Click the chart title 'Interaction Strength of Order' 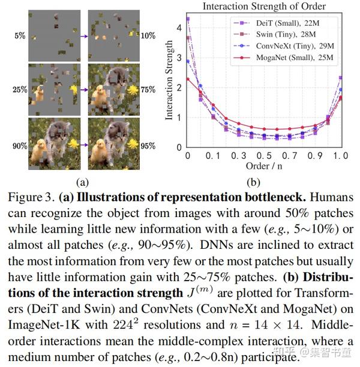coord(265,7)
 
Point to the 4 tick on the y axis coord(178,28)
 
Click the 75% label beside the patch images coord(147,90)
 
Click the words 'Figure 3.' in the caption coord(31,197)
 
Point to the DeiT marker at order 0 coord(188,19)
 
